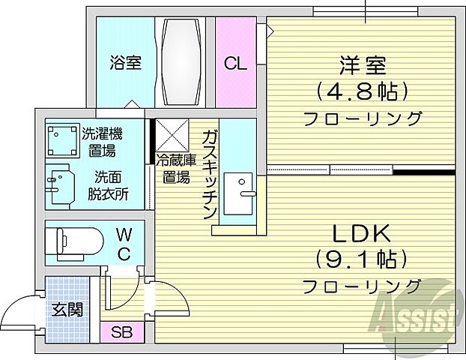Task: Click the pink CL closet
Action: (235, 63)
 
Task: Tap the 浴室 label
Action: (125, 63)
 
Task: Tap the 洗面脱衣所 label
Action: (110, 185)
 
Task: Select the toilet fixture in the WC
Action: (71, 241)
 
